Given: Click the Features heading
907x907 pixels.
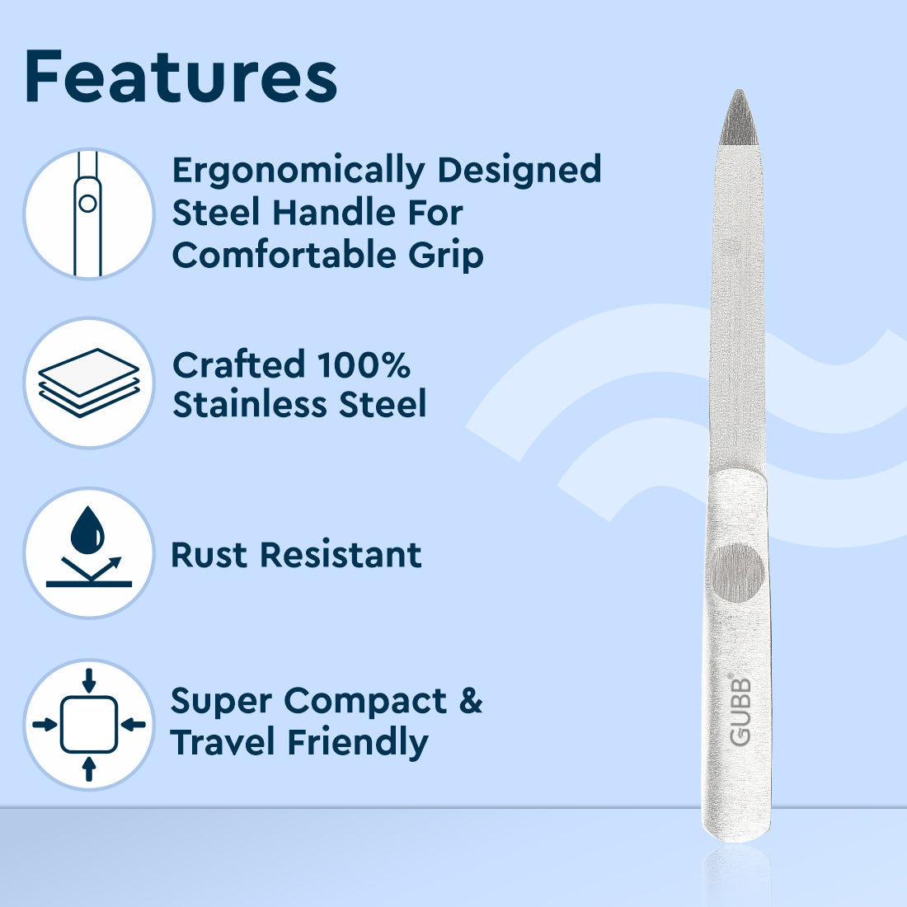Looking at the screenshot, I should (x=181, y=77).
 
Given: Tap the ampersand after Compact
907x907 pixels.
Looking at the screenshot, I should (x=470, y=701).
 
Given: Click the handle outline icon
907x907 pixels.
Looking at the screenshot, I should (x=88, y=214).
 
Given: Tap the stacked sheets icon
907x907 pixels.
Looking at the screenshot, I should (x=88, y=382).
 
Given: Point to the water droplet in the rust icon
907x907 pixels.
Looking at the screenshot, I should (x=87, y=531).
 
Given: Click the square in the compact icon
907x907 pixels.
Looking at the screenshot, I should (x=89, y=724).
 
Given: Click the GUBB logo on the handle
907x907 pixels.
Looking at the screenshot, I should (x=740, y=711).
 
